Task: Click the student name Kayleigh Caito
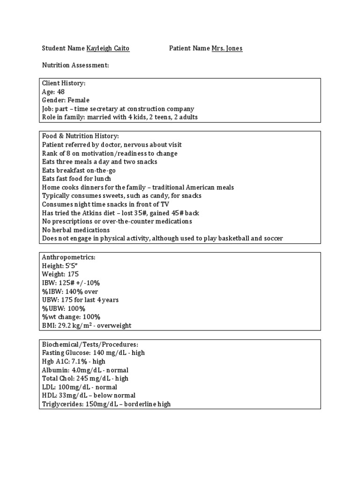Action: pos(108,48)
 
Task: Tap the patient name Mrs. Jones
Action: pos(227,48)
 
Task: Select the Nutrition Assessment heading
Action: pos(75,65)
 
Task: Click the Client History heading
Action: pos(64,83)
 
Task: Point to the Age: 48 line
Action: pos(53,91)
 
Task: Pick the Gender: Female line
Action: pos(66,100)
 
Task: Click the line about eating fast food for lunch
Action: pos(76,179)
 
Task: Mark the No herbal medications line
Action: pos(76,230)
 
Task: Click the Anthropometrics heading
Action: pos(69,257)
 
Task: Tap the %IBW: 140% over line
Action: pos(70,291)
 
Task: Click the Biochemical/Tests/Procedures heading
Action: pos(90,344)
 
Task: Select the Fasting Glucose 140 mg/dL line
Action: pos(93,352)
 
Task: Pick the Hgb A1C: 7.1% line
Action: pos(74,361)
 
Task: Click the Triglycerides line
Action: pos(106,404)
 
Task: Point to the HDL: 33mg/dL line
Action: pos(89,395)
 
